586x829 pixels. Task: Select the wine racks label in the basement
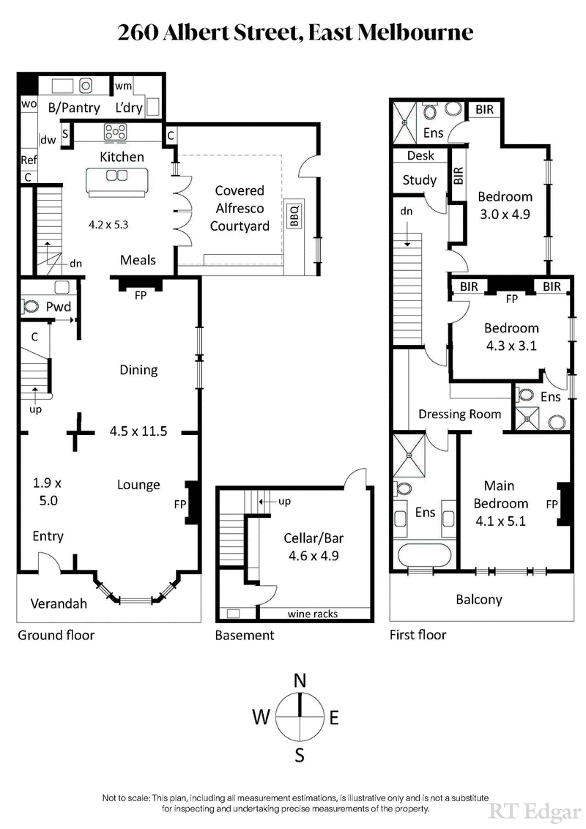pos(312,614)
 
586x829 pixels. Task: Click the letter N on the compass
pos(300,680)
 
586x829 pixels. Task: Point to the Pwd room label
pos(58,306)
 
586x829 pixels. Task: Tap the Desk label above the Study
pos(420,155)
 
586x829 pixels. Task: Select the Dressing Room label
pos(459,414)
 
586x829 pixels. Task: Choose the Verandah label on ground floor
pos(59,603)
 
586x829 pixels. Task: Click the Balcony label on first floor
pos(479,599)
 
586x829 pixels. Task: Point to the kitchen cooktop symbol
pos(116,132)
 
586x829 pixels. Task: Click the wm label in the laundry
pos(123,86)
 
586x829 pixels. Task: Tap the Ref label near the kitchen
pos(29,160)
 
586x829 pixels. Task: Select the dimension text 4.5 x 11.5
pos(138,431)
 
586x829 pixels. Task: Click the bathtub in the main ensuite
pos(423,554)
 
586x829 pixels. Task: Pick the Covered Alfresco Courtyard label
pos(239,208)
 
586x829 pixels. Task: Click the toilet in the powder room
pos(32,306)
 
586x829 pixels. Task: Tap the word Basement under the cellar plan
pos(244,635)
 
